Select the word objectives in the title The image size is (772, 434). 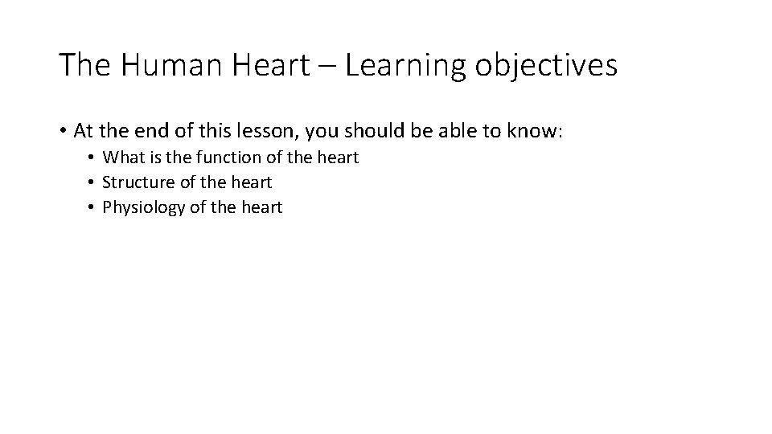(x=545, y=65)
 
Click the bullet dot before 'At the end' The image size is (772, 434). (x=63, y=131)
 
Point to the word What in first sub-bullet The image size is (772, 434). (x=124, y=158)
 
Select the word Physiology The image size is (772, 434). (x=143, y=208)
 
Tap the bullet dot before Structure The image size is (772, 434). (x=93, y=183)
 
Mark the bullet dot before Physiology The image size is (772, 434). (x=93, y=208)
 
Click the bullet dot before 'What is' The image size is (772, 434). (x=93, y=158)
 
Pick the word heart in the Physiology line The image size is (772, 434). (x=261, y=207)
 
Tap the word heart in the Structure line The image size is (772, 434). (x=250, y=182)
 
